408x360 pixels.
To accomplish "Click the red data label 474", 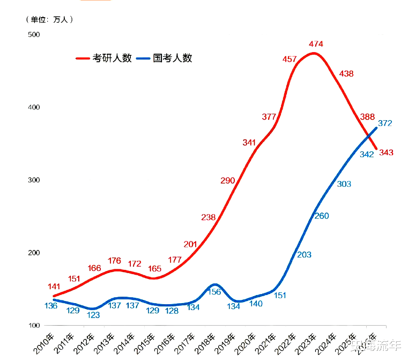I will pyautogui.click(x=315, y=43).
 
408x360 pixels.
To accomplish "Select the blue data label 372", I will pyautogui.click(x=385, y=123).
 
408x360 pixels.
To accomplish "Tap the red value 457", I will pyautogui.click(x=290, y=59).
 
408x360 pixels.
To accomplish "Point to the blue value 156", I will pyautogui.click(x=214, y=292).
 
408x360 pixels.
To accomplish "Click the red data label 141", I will pyautogui.click(x=54, y=287).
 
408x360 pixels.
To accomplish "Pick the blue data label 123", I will pyautogui.click(x=93, y=315).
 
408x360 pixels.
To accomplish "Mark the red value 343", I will pyautogui.click(x=386, y=153).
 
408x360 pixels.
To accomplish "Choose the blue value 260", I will pyautogui.click(x=322, y=216).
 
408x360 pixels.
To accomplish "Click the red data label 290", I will pyautogui.click(x=227, y=181).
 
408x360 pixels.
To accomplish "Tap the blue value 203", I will pyautogui.click(x=304, y=255).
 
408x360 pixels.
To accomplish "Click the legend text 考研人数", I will pyautogui.click(x=112, y=58).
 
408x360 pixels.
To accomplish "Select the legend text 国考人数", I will pyautogui.click(x=173, y=58).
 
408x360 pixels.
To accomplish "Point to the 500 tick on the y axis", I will pyautogui.click(x=34, y=34).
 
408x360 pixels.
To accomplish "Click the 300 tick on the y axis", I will pyautogui.click(x=34, y=180).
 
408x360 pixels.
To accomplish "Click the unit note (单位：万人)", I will pyautogui.click(x=49, y=20).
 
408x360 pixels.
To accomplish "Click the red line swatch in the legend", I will pyautogui.click(x=83, y=58).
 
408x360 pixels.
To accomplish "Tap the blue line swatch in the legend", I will pyautogui.click(x=143, y=58).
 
